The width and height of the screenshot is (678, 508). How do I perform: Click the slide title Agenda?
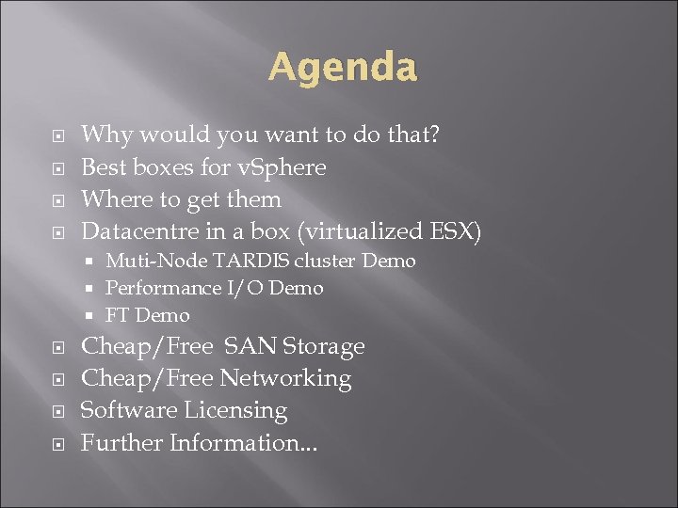point(342,68)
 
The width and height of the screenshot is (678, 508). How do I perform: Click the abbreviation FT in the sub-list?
point(118,315)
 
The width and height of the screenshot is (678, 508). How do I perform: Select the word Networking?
point(285,378)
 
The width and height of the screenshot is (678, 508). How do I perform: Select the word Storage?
point(322,346)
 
